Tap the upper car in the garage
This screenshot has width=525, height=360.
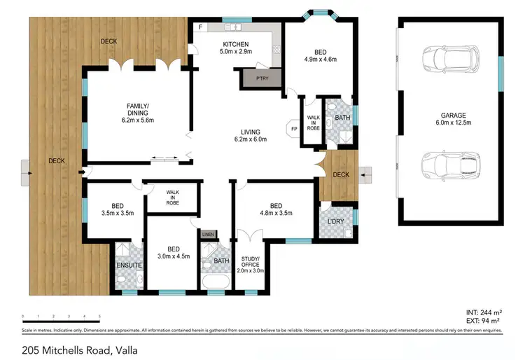(x=450, y=61)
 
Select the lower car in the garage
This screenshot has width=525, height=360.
(x=450, y=167)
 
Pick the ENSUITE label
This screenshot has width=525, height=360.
(x=129, y=265)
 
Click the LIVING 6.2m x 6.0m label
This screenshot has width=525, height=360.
(x=250, y=135)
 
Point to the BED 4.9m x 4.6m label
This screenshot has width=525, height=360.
(x=319, y=55)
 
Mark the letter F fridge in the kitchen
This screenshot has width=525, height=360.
(x=200, y=27)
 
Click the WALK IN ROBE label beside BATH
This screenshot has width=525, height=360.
(x=312, y=122)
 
